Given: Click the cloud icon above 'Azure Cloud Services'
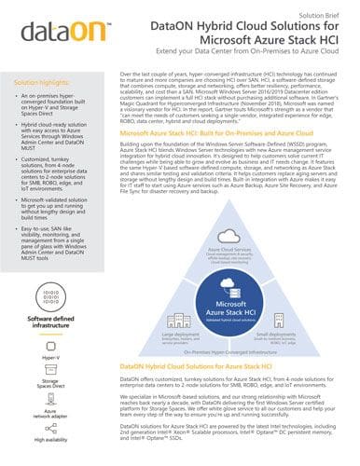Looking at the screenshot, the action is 235,237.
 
